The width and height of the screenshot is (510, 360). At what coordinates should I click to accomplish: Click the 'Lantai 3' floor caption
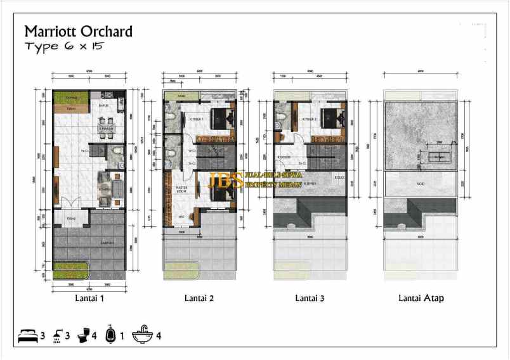(x=310, y=297)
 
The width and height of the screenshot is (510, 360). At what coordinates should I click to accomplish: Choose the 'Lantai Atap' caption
(x=421, y=297)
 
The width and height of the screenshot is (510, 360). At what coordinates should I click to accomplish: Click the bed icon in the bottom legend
(x=27, y=335)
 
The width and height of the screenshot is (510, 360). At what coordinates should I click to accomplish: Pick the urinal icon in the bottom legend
(x=110, y=335)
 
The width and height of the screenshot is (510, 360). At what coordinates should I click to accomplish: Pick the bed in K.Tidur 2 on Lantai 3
(x=330, y=119)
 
